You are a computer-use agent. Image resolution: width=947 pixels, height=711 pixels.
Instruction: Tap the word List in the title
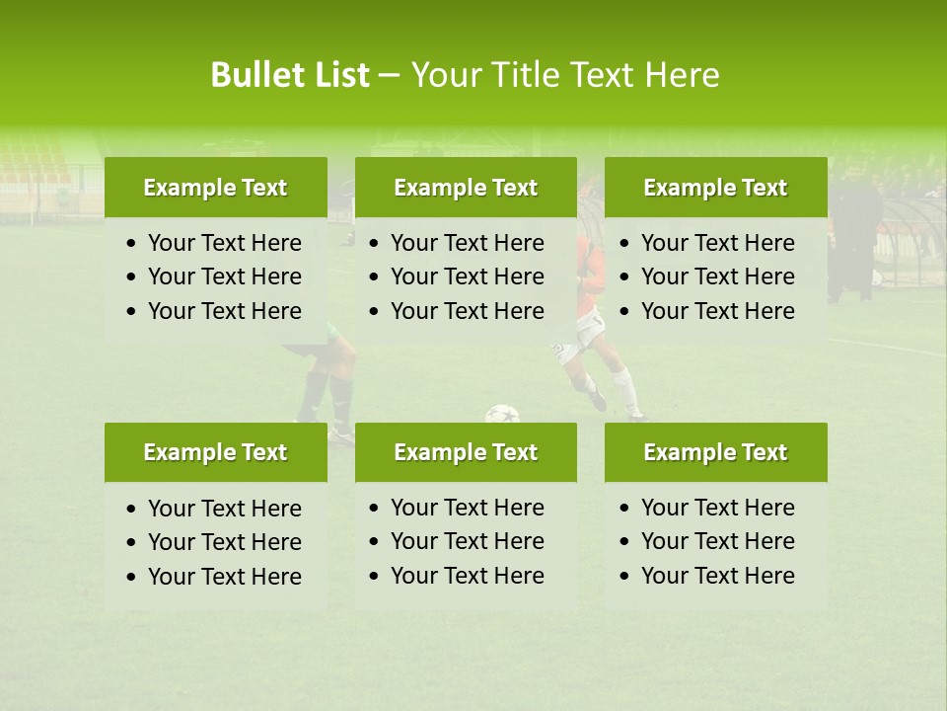click(x=337, y=75)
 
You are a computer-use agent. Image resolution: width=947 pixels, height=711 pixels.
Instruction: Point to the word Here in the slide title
click(x=682, y=75)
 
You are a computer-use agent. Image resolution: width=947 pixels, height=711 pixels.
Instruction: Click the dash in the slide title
click(x=389, y=75)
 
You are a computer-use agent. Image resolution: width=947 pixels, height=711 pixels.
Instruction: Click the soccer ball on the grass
click(x=502, y=414)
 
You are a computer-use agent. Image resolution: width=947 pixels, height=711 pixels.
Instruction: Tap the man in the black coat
click(x=853, y=237)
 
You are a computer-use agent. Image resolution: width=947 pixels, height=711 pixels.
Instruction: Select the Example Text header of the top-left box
click(x=215, y=188)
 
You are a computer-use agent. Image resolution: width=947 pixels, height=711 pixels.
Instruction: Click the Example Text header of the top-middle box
click(x=466, y=188)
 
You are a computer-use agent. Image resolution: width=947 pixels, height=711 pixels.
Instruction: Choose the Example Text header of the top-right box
click(x=715, y=188)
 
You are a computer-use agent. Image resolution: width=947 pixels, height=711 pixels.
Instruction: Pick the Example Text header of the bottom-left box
click(x=215, y=452)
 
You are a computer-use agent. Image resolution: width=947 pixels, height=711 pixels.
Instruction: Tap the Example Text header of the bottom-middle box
click(x=466, y=452)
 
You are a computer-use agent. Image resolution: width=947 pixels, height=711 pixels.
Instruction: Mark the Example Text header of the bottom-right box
click(x=715, y=452)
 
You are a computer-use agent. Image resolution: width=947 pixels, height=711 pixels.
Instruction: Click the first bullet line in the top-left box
click(x=224, y=243)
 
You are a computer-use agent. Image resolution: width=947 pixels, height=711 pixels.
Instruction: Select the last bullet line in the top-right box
click(x=717, y=311)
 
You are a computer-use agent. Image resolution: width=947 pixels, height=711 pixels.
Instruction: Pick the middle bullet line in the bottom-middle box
click(x=467, y=541)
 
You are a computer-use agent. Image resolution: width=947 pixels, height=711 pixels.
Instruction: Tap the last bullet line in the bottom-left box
click(x=224, y=577)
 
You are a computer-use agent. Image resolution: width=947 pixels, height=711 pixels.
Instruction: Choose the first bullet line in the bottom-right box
click(x=717, y=508)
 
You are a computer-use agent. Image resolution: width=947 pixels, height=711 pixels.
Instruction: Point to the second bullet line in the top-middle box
click(x=467, y=276)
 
